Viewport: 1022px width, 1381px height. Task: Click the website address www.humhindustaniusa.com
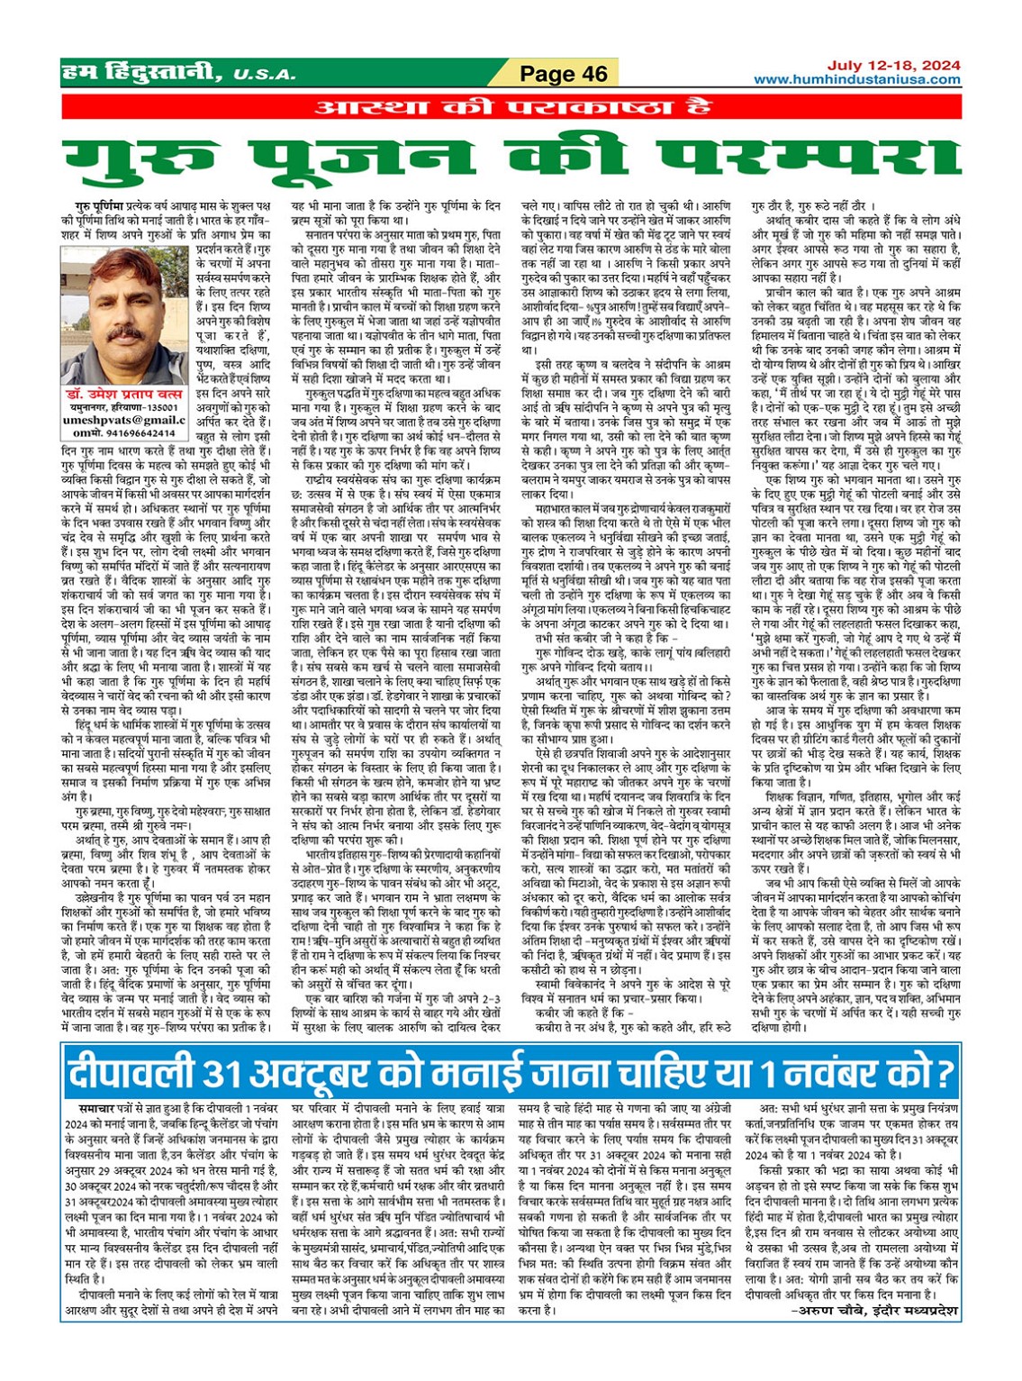tap(856, 79)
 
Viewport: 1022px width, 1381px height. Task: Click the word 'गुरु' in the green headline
tap(162, 159)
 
